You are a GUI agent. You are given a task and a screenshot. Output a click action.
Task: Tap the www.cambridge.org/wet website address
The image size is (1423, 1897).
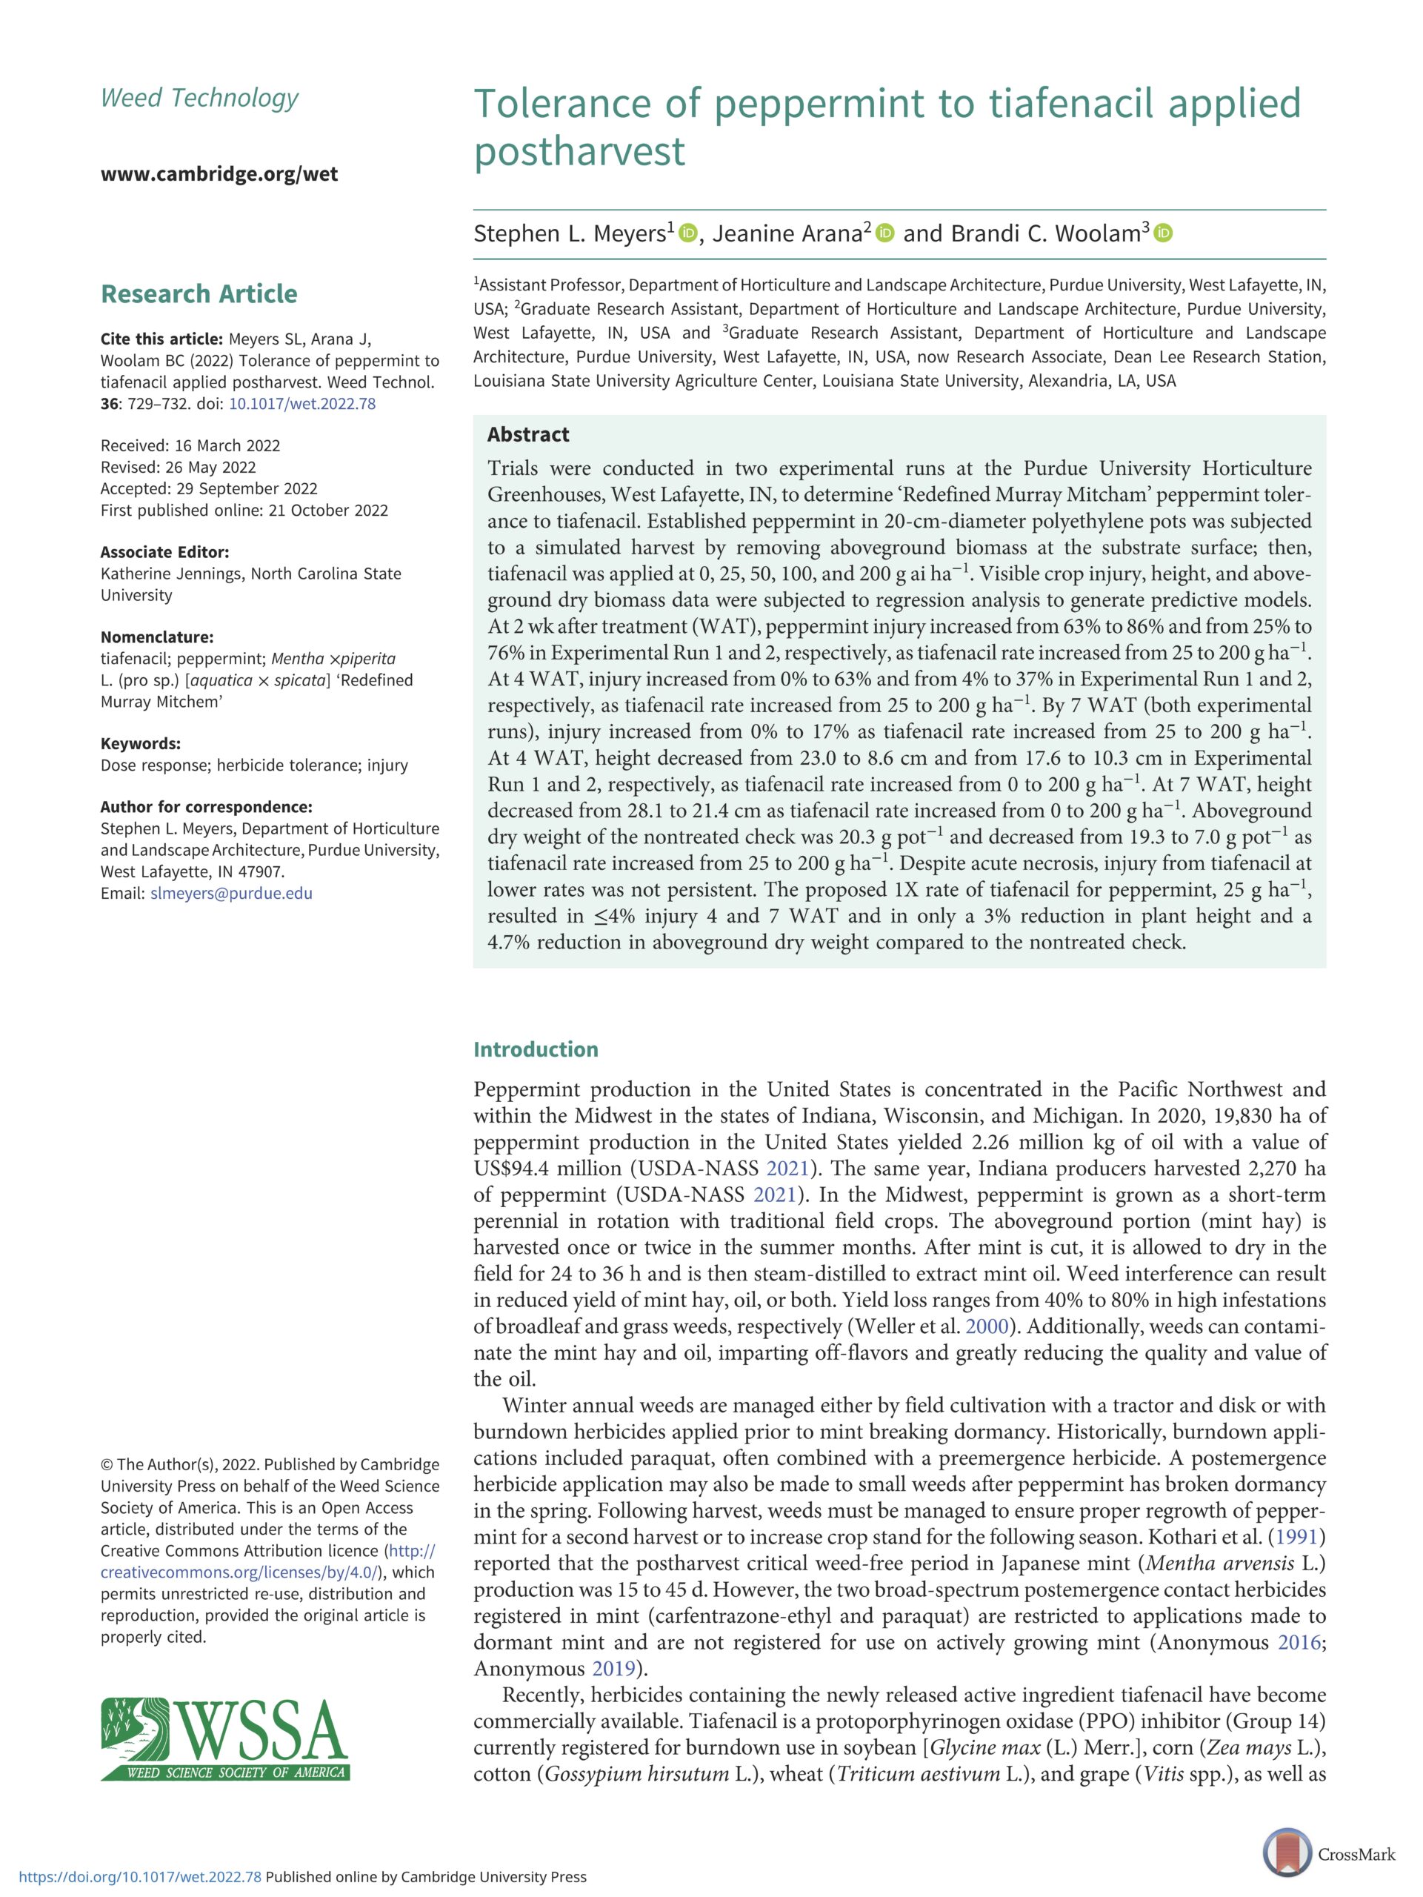219,174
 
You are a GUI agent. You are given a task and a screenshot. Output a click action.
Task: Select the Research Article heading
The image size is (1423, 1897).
199,293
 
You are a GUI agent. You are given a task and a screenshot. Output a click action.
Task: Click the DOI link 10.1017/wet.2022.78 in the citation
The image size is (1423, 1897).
301,403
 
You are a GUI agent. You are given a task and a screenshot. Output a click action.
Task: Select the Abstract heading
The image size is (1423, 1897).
528,434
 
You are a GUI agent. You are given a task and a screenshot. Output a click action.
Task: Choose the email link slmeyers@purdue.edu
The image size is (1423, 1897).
231,893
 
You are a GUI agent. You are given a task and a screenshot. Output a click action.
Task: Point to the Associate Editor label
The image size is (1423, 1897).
164,551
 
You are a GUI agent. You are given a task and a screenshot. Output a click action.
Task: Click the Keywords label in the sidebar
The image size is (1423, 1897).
140,743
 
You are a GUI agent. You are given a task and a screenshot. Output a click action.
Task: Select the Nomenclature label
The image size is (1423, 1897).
157,637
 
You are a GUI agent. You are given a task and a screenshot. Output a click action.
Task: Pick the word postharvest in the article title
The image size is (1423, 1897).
579,151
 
